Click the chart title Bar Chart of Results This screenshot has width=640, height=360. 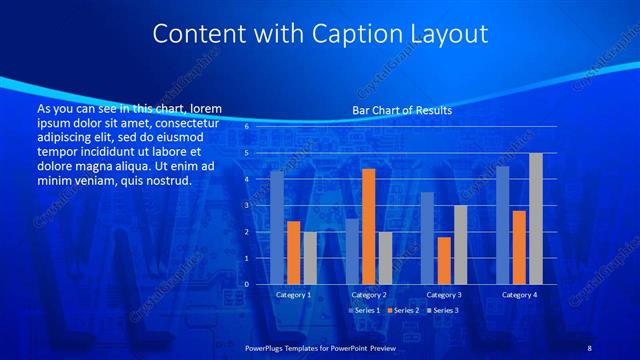pos(401,110)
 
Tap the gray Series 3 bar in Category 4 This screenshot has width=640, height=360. pos(535,218)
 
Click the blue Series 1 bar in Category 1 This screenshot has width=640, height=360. pos(277,227)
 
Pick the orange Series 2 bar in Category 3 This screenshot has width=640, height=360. pos(443,260)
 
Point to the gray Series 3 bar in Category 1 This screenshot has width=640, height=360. pos(310,257)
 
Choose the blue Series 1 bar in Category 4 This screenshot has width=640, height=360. pos(502,225)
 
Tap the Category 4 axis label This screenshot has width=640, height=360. pos(518,295)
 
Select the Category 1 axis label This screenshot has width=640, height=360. pos(293,295)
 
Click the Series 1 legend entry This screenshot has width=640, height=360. pos(363,311)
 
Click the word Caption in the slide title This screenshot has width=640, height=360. pos(362,34)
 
